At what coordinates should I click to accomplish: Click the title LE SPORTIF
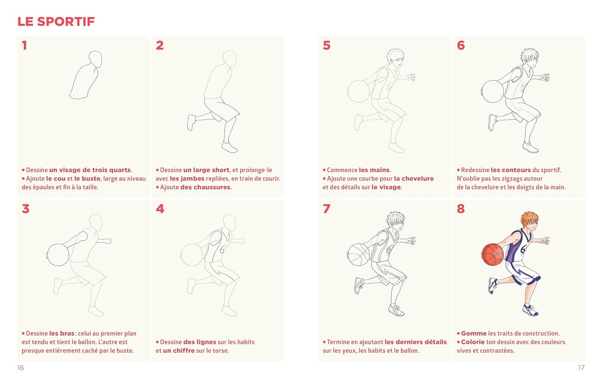[x=56, y=22]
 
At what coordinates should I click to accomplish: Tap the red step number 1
[x=24, y=45]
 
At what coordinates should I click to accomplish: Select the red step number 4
[x=160, y=208]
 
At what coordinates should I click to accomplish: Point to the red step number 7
[x=327, y=208]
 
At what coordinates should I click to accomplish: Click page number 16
[x=20, y=368]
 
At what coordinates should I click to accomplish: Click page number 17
[x=581, y=368]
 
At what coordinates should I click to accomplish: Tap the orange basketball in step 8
[x=492, y=254]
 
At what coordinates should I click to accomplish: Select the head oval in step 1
[x=96, y=59]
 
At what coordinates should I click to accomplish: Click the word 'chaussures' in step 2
[x=205, y=187]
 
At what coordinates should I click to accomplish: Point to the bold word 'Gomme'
[x=474, y=333]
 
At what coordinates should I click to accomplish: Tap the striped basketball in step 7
[x=358, y=255]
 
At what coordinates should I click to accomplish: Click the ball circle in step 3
[x=58, y=255]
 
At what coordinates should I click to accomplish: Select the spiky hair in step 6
[x=529, y=56]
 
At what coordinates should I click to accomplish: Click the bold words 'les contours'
[x=510, y=170]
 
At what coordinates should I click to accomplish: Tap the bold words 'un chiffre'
[x=179, y=350]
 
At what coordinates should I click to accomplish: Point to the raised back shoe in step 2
[x=191, y=122]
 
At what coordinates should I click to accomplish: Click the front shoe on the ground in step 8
[x=530, y=310]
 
